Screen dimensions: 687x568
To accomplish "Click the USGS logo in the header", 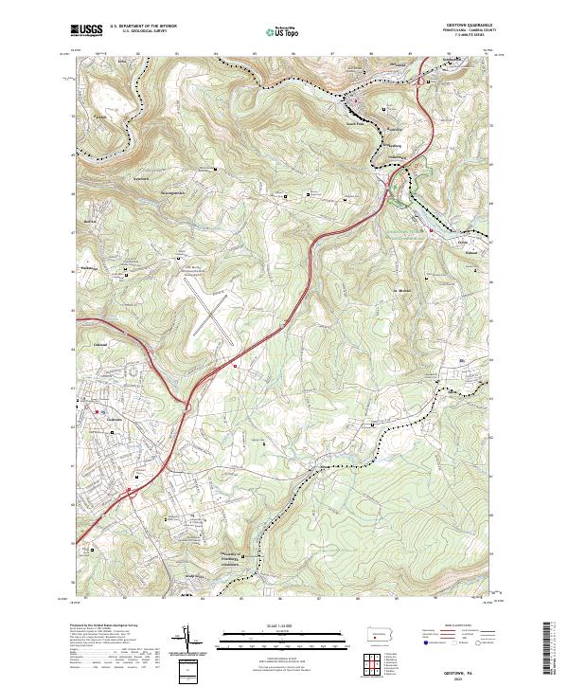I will pyautogui.click(x=86, y=30).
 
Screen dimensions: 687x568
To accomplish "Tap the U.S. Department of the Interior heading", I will pyautogui.click(x=142, y=27).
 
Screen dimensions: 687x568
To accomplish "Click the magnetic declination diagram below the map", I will pyautogui.click(x=189, y=642).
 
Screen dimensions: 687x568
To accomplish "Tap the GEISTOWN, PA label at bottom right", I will pyautogui.click(x=464, y=667).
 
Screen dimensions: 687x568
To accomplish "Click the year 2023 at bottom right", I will pyautogui.click(x=464, y=677).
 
